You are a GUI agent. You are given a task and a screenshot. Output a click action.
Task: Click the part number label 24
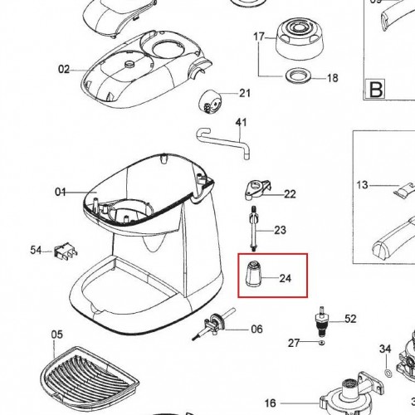click(x=286, y=278)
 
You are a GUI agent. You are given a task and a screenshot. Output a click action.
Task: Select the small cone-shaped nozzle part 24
click(x=253, y=273)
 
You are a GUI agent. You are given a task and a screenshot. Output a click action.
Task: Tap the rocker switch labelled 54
click(x=66, y=251)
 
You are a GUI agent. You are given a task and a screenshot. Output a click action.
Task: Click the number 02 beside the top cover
click(x=64, y=69)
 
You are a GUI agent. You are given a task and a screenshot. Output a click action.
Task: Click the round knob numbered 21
click(x=211, y=101)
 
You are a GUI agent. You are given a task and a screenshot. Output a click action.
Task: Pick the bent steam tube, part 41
click(x=223, y=143)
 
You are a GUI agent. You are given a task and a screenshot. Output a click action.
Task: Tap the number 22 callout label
click(x=290, y=194)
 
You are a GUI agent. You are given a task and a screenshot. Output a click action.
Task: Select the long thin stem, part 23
click(x=254, y=228)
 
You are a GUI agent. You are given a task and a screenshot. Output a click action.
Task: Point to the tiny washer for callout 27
click(x=321, y=343)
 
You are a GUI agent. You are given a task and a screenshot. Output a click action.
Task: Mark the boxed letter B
click(x=376, y=89)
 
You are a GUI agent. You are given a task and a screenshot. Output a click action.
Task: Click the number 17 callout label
click(x=259, y=37)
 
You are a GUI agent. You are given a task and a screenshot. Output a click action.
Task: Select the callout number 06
click(x=256, y=329)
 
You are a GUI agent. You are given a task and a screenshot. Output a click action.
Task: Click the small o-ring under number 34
click(x=388, y=373)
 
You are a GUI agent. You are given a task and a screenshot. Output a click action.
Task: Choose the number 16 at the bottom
click(x=270, y=403)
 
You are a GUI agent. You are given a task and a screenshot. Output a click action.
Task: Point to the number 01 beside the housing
click(x=61, y=192)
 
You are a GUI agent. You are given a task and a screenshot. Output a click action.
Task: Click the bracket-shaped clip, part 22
click(x=257, y=189)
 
